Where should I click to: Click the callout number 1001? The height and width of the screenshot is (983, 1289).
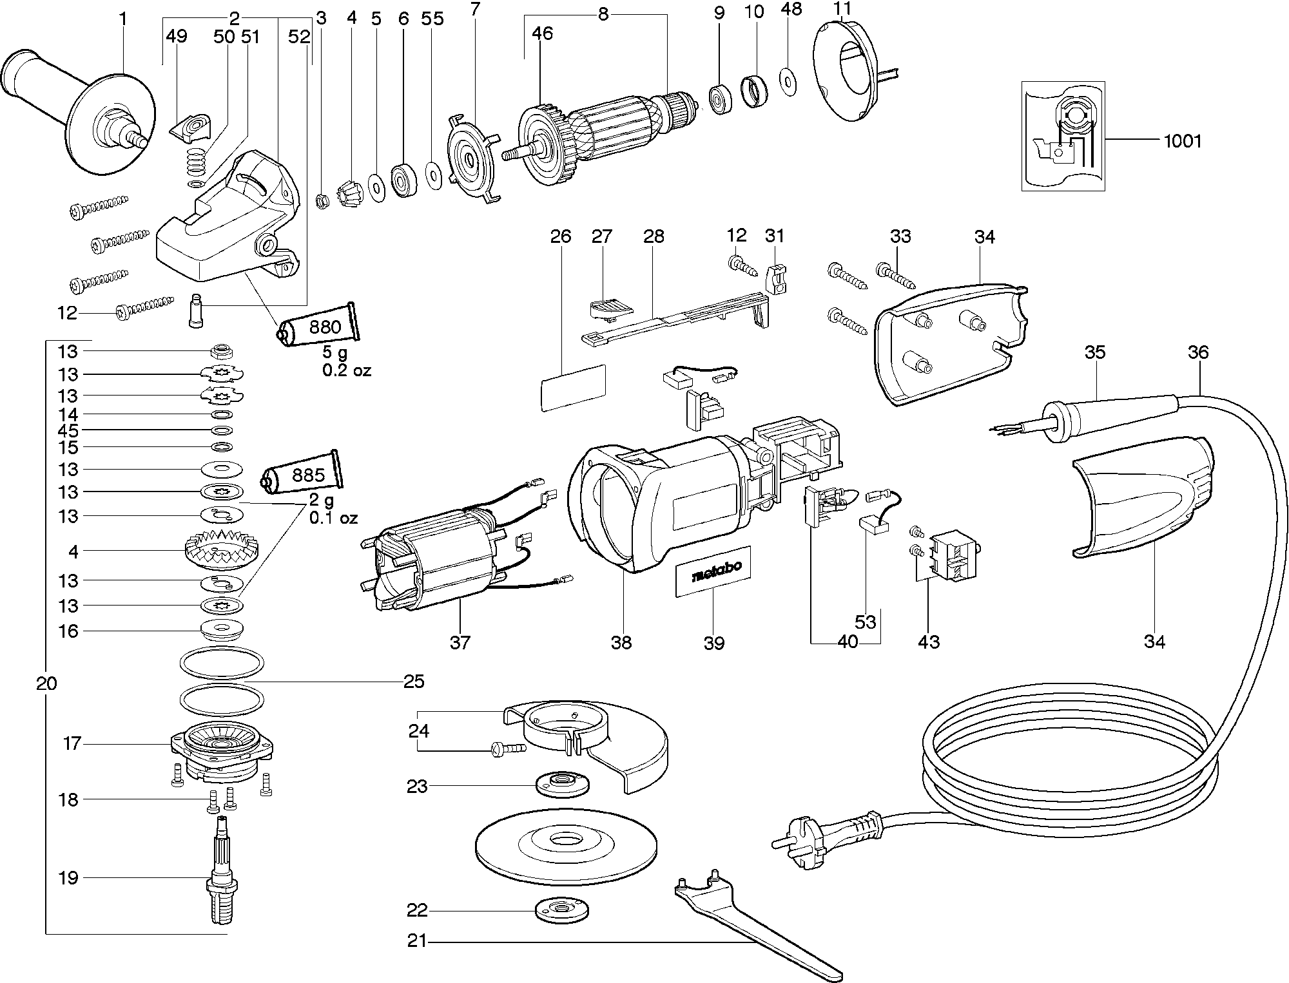point(1183,141)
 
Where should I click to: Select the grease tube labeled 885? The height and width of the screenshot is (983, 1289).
point(303,475)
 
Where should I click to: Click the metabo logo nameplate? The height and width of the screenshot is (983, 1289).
point(713,571)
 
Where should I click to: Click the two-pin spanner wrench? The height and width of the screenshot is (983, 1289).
point(754,928)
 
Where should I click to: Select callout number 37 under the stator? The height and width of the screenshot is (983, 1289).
point(460,642)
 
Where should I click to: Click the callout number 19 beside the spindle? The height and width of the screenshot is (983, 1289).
point(68,877)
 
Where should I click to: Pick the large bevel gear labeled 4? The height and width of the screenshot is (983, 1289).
point(221,551)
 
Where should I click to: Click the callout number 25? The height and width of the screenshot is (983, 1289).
point(414,681)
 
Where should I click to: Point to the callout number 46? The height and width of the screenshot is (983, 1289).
point(543,33)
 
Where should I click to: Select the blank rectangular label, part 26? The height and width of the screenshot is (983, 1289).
point(573,388)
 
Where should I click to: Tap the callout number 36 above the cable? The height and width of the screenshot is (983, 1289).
point(1198,352)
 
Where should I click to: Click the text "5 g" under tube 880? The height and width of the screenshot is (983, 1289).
point(334,353)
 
